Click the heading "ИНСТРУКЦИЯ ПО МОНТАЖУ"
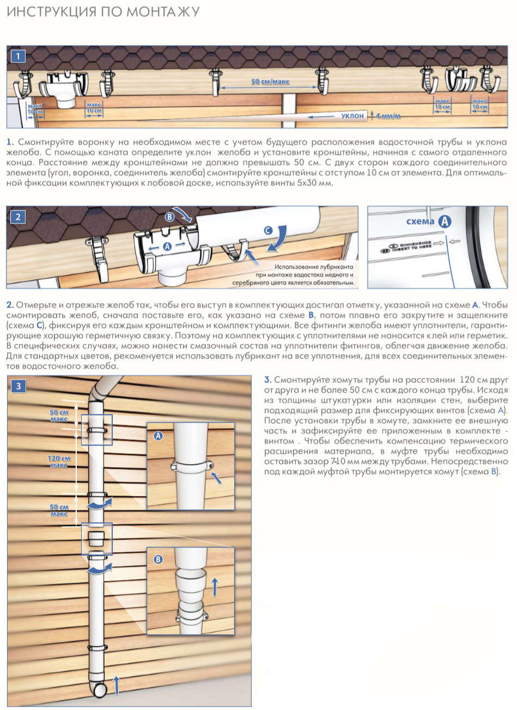pyautogui.click(x=103, y=12)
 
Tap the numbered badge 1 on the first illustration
pyautogui.click(x=18, y=57)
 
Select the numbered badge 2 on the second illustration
pyautogui.click(x=18, y=217)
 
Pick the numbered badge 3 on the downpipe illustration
pyautogui.click(x=19, y=386)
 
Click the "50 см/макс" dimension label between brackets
pyautogui.click(x=270, y=82)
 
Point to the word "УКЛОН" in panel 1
pyautogui.click(x=352, y=116)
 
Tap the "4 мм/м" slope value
pyautogui.click(x=388, y=116)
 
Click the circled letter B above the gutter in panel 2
pyautogui.click(x=170, y=217)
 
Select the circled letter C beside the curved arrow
pyautogui.click(x=268, y=231)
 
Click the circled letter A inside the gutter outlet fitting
pyautogui.click(x=167, y=246)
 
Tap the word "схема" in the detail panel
pyautogui.click(x=420, y=221)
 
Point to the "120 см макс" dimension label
pyautogui.click(x=59, y=461)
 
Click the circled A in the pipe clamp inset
pyautogui.click(x=158, y=436)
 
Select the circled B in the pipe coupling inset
pyautogui.click(x=158, y=559)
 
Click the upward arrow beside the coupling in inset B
pyautogui.click(x=215, y=586)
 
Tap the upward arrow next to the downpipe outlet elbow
pyautogui.click(x=117, y=685)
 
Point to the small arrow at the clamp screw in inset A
pyautogui.click(x=216, y=478)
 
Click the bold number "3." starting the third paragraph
pyautogui.click(x=268, y=380)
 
